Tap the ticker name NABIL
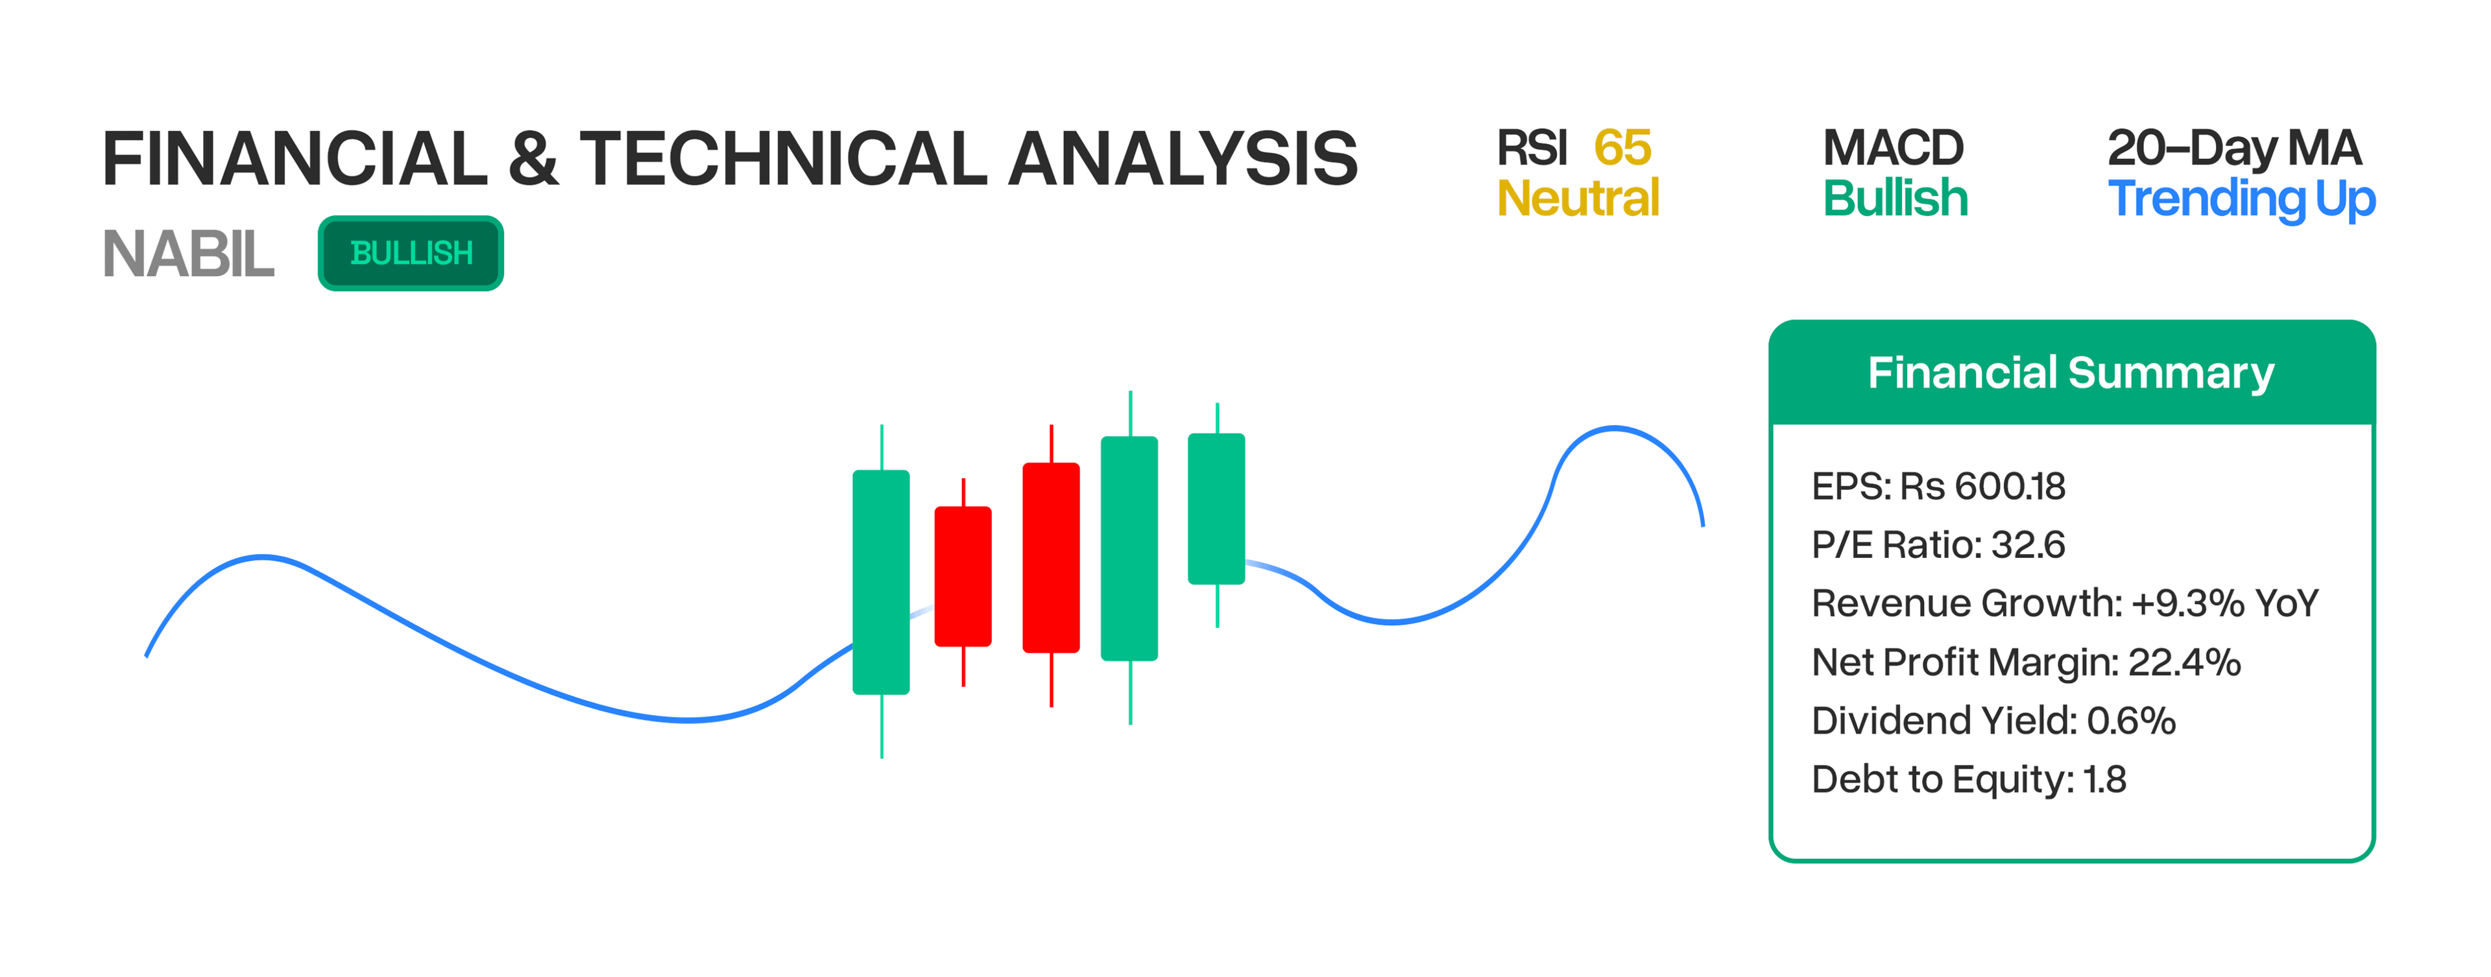pos(189,254)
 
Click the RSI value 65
pos(1622,148)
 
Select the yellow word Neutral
pos(1578,199)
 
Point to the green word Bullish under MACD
pos(1895,199)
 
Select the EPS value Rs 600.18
pos(1982,487)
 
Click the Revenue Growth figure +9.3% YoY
pos(2224,603)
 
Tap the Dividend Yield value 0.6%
pos(2131,721)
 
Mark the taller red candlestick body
pos(1051,558)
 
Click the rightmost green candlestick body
pos(1216,509)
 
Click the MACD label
pos(1894,148)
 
